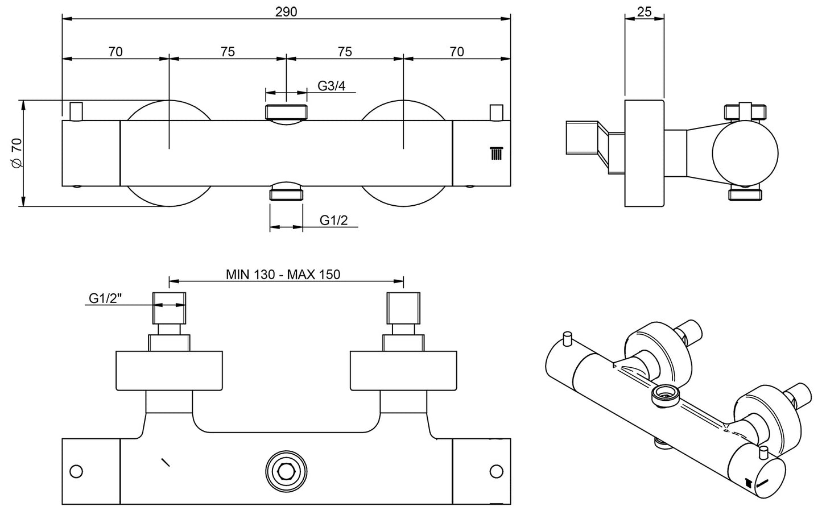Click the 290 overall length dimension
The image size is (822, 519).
[286, 11]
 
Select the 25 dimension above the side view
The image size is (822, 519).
[644, 11]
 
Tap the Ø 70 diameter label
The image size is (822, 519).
[16, 153]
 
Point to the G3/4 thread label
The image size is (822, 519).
[332, 86]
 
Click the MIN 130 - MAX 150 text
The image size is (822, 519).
[283, 275]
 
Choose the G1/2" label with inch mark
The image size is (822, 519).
[105, 298]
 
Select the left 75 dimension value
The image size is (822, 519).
[228, 52]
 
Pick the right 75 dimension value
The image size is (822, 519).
[345, 52]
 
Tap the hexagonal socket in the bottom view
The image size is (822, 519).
[286, 471]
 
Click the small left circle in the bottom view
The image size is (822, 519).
[76, 471]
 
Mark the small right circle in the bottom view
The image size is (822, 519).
[497, 471]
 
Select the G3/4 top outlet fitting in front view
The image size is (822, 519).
[286, 111]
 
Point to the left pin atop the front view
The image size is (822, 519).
[76, 111]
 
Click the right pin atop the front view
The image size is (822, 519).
[497, 112]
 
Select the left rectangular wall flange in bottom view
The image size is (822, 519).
[169, 371]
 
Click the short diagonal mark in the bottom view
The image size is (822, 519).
[166, 462]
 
